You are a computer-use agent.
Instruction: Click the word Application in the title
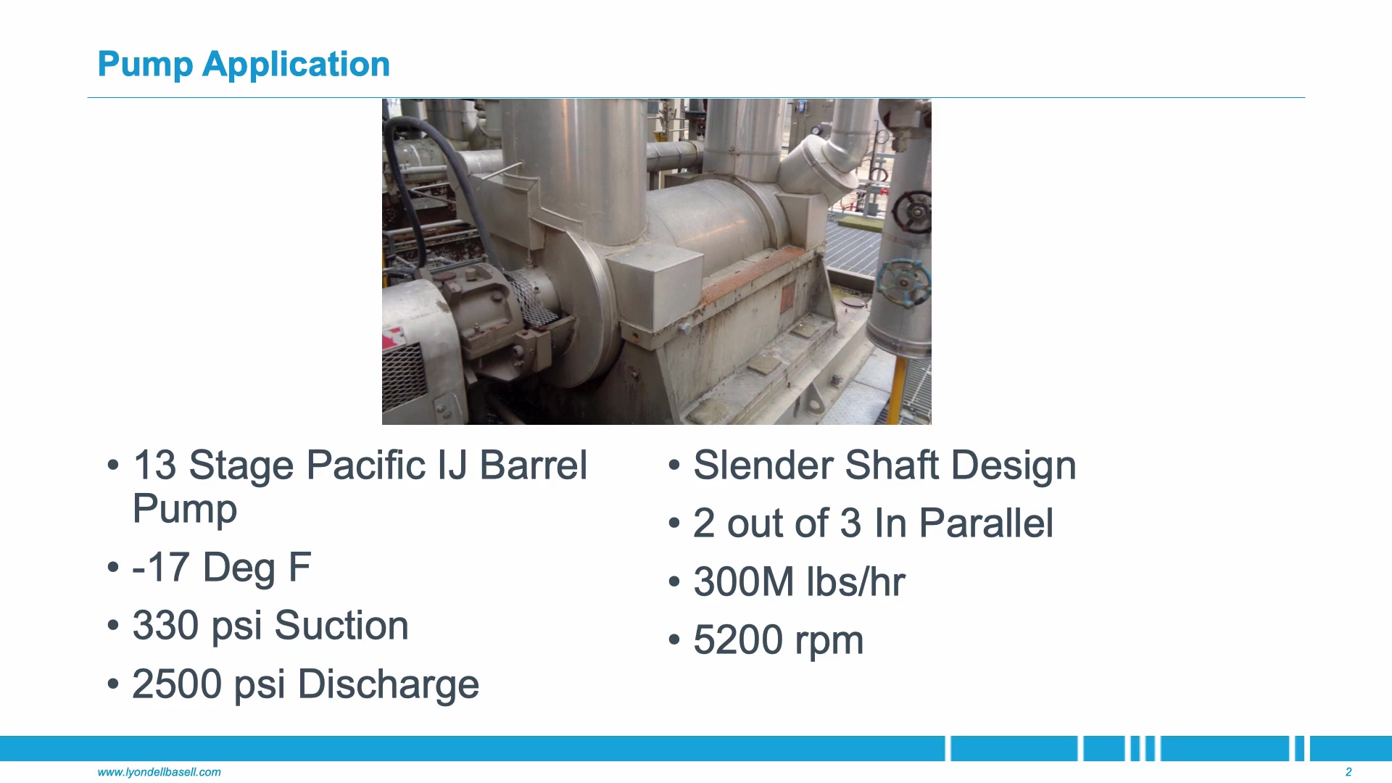pos(296,65)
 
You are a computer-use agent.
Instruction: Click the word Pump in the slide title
pos(145,65)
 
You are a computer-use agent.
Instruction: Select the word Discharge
pos(389,684)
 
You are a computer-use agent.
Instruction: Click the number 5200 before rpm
pos(738,640)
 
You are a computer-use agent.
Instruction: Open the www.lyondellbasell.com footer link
pos(159,772)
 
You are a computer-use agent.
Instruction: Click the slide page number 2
pos(1348,772)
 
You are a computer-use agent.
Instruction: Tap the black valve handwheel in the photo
pos(912,212)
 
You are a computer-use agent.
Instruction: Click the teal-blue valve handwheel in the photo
pos(903,282)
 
